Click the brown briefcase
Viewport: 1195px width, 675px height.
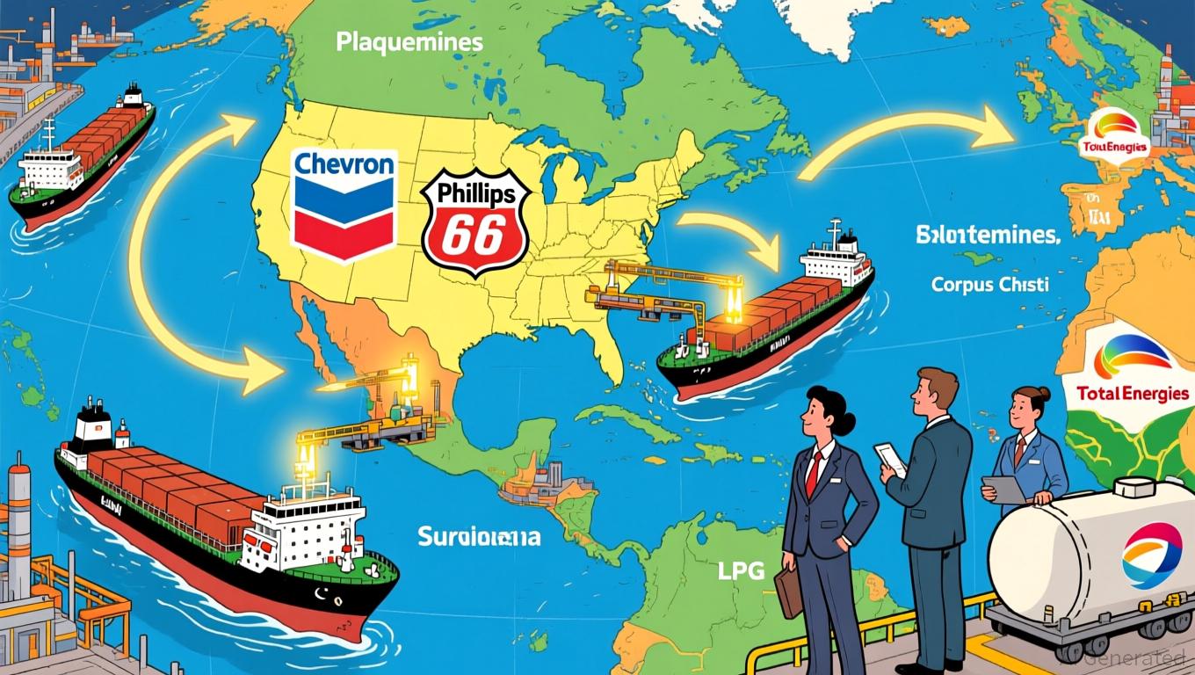(788, 590)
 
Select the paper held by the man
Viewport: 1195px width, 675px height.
(889, 459)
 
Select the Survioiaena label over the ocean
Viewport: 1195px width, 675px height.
(480, 537)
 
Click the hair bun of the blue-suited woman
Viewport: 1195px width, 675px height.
(1044, 394)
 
